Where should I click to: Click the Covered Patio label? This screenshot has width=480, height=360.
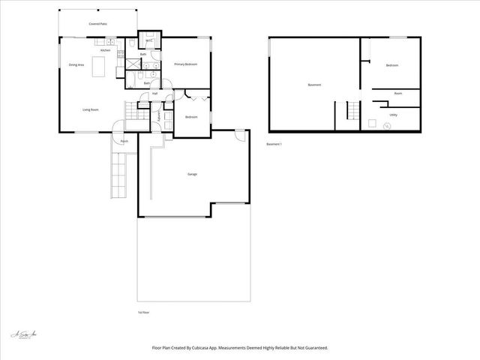(98, 24)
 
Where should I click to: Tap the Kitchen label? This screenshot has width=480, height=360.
(106, 50)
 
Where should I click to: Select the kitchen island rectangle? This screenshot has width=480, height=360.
(98, 62)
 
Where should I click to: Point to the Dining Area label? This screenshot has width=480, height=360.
(76, 65)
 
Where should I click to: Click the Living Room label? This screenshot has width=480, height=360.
(91, 109)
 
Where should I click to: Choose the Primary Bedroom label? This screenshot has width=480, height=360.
(185, 64)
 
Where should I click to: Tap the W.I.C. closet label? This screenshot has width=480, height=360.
(149, 40)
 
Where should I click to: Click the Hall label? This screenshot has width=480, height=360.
(154, 93)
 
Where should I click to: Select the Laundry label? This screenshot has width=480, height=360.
(158, 117)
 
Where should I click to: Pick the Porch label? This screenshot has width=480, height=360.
(124, 140)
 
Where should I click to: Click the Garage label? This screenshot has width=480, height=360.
(192, 174)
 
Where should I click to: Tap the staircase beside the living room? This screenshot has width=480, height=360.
(134, 112)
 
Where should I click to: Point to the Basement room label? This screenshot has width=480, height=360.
(314, 85)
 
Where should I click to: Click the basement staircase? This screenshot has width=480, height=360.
(352, 112)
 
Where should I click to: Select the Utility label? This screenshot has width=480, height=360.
(393, 115)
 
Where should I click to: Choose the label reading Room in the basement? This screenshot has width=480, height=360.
(398, 94)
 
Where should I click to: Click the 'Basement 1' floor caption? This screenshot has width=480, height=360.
(274, 144)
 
